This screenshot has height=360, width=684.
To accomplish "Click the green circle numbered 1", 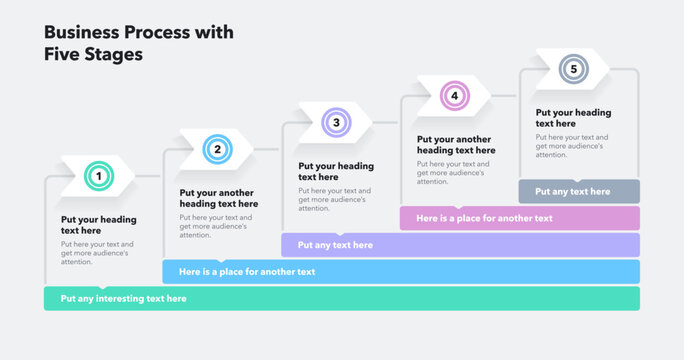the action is pyautogui.click(x=98, y=177).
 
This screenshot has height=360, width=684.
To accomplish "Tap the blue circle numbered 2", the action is pyautogui.click(x=215, y=150).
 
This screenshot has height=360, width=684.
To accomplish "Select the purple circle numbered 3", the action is pyautogui.click(x=336, y=123).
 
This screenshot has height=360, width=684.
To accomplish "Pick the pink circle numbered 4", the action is pyautogui.click(x=454, y=96).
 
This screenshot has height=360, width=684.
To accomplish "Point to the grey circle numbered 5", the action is pyautogui.click(x=573, y=69).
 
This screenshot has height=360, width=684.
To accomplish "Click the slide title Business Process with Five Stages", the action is pyautogui.click(x=139, y=43).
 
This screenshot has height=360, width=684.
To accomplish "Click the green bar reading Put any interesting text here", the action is pyautogui.click(x=341, y=298).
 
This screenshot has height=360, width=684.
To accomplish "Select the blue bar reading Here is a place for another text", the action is pyautogui.click(x=400, y=271).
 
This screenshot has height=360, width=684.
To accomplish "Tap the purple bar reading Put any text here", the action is pyautogui.click(x=460, y=245).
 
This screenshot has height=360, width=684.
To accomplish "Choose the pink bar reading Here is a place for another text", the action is pyautogui.click(x=519, y=218).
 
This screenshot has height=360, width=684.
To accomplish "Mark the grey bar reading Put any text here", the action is pyautogui.click(x=578, y=191).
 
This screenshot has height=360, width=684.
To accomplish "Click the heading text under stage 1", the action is pyautogui.click(x=98, y=225).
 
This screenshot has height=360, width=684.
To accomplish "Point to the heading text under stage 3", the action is pyautogui.click(x=336, y=171).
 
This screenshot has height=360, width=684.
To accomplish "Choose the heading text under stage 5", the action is pyautogui.click(x=573, y=118).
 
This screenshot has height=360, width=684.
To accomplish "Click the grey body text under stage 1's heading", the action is pyautogui.click(x=97, y=253).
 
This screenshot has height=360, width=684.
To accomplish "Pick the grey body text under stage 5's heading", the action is pyautogui.click(x=572, y=146).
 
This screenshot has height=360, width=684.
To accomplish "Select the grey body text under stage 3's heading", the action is pyautogui.click(x=335, y=199).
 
